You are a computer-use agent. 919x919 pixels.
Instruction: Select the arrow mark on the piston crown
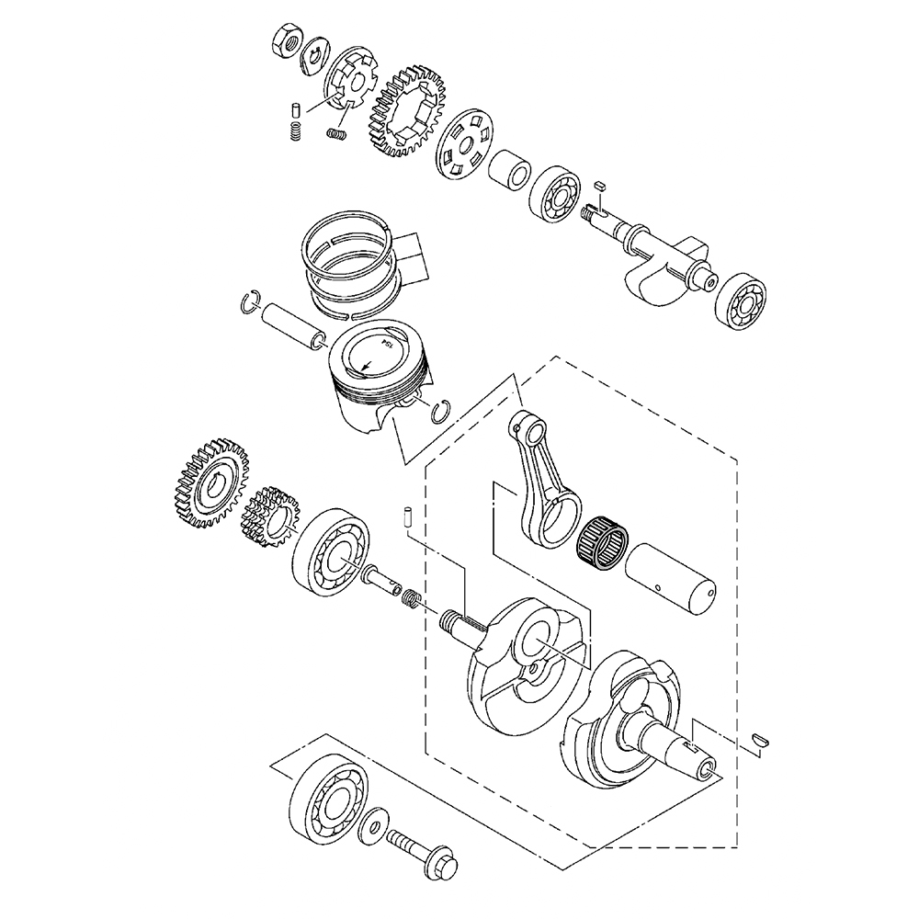pos(367,365)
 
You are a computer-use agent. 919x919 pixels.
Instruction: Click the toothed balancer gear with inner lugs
pos(407,111)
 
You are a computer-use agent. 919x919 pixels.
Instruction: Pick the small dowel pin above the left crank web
pos(405,516)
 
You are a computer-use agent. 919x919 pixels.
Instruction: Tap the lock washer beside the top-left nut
pos(315,56)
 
